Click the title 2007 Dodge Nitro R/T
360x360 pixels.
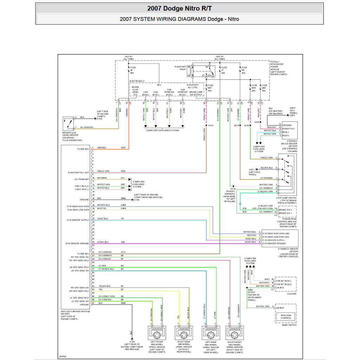[179, 8]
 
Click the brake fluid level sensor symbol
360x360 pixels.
[69, 123]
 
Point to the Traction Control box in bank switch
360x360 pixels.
[286, 317]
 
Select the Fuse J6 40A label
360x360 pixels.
[133, 70]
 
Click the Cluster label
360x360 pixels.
[291, 294]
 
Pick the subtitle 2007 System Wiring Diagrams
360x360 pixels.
[179, 19]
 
